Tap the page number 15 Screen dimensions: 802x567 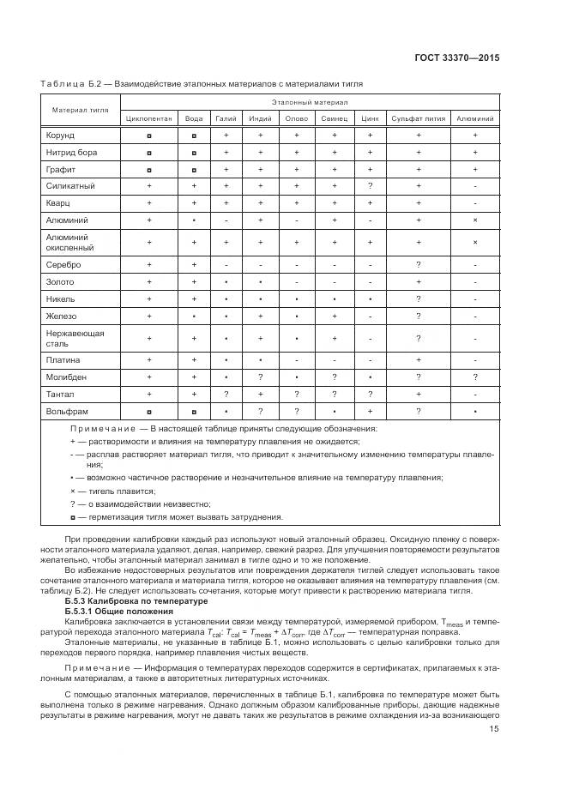pyautogui.click(x=495, y=730)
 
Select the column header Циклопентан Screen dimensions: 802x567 pyautogui.click(x=148, y=118)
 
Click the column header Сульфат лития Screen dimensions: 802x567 pyautogui.click(x=418, y=118)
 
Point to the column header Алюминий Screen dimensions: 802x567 pyautogui.click(x=474, y=118)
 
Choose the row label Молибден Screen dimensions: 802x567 pyautogui.click(x=65, y=377)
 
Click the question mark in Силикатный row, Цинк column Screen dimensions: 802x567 pyautogui.click(x=370, y=186)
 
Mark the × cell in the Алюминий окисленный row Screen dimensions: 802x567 pyautogui.click(x=474, y=243)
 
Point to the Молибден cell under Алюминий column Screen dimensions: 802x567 pyautogui.click(x=474, y=377)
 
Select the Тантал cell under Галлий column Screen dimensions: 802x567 pyautogui.click(x=226, y=394)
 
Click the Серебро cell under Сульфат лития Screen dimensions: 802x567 pyautogui.click(x=418, y=265)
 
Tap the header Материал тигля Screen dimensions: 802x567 pyautogui.click(x=79, y=110)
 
